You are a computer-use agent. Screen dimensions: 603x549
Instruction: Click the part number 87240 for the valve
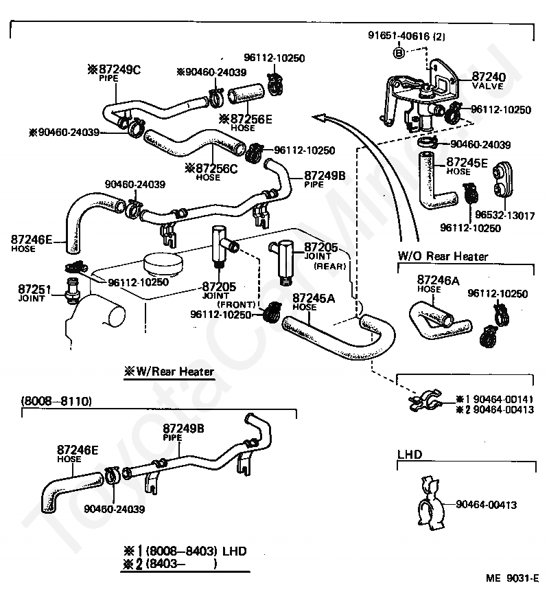(x=488, y=77)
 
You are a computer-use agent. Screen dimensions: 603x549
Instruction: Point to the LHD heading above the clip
(x=409, y=454)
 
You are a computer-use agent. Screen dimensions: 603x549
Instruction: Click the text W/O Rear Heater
(x=443, y=256)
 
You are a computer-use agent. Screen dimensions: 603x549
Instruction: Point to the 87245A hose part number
(x=314, y=298)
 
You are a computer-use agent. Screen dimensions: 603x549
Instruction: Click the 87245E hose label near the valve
(x=467, y=163)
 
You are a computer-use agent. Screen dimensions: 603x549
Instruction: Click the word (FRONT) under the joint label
(x=236, y=304)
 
